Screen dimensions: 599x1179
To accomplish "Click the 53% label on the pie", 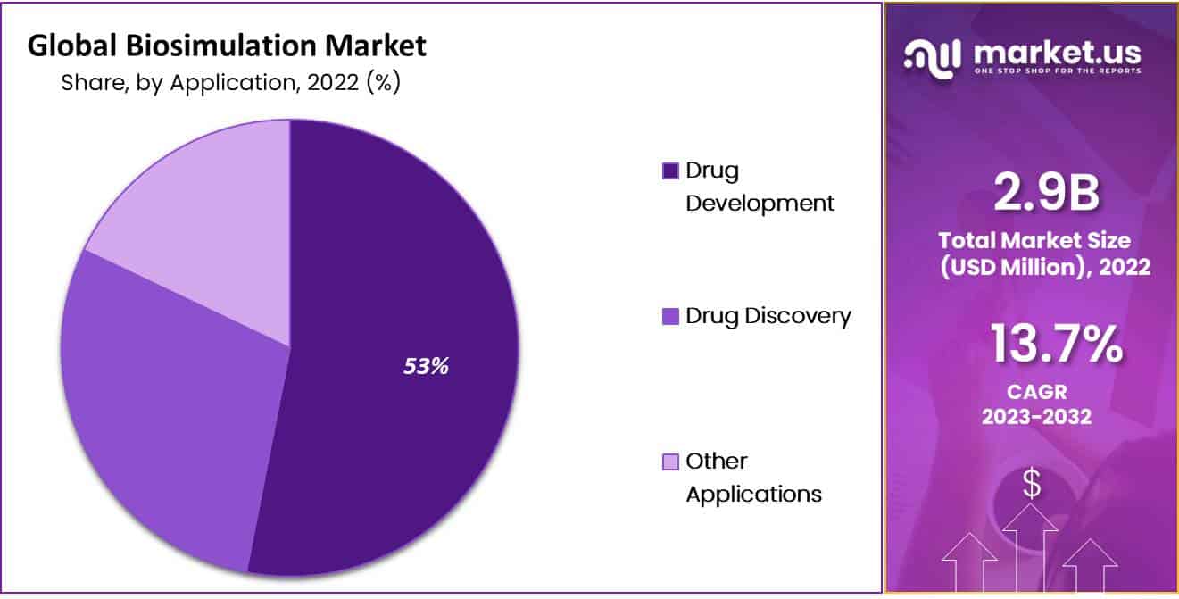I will point(425,366).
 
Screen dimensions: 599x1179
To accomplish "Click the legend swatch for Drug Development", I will point(670,171).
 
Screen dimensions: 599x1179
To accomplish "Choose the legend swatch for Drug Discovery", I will point(670,316).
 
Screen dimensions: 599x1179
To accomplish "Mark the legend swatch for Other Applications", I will point(670,462).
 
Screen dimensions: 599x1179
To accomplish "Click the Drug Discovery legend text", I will point(768,316).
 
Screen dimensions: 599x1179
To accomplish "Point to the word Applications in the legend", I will point(753,494).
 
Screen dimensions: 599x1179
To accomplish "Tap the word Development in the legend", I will point(760,203).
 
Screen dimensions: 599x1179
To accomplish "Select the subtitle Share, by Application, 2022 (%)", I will point(230,83).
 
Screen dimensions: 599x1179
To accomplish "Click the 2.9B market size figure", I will point(1045,193).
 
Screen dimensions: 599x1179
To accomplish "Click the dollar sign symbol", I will point(1032,484).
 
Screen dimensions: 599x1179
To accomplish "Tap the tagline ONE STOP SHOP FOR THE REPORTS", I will point(1057,71).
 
